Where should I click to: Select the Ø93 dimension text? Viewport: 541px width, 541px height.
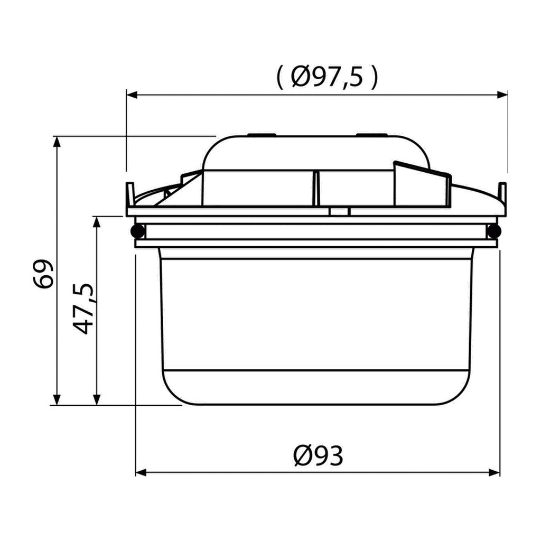(x=318, y=455)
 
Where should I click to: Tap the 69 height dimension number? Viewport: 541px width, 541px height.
(x=44, y=273)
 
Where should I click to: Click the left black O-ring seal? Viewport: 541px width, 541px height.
(x=138, y=231)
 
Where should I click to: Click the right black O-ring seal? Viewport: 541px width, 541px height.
(x=494, y=231)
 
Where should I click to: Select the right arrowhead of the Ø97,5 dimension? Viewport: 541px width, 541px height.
(x=502, y=95)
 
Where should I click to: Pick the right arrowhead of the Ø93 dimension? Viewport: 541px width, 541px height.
(x=495, y=472)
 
